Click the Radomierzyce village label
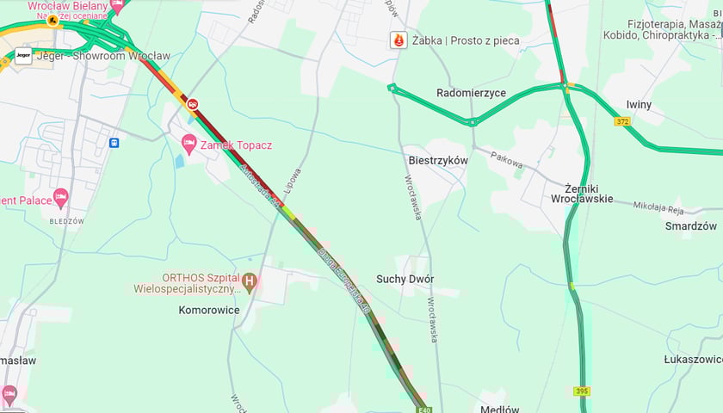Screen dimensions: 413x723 [471, 93]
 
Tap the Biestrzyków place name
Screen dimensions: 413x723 [438, 161]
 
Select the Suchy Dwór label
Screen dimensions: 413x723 [405, 280]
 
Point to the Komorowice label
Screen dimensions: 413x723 [208, 310]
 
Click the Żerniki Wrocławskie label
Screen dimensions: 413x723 [582, 192]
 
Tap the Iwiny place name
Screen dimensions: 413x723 [639, 105]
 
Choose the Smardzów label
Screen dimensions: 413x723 [691, 226]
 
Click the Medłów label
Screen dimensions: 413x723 [500, 409]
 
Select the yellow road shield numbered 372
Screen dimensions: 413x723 [622, 122]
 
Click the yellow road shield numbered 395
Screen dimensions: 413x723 [583, 391]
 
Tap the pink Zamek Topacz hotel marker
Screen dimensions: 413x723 [188, 142]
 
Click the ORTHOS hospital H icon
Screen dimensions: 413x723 [250, 280]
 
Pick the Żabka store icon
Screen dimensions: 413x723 [398, 40]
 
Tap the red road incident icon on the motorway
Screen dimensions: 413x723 [191, 104]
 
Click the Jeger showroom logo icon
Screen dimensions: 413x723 [23, 56]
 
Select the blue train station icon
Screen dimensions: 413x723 [114, 142]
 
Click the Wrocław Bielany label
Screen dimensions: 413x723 [67, 5]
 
